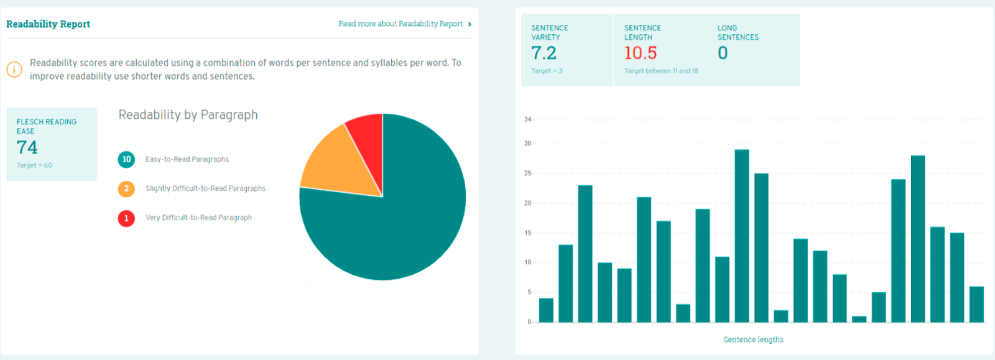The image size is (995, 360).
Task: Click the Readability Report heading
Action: click(x=48, y=24)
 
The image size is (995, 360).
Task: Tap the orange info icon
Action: click(x=14, y=70)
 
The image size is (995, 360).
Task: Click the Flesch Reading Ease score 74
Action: click(x=27, y=147)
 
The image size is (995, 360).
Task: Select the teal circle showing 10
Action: click(x=126, y=160)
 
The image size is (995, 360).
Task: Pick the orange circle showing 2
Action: click(x=126, y=188)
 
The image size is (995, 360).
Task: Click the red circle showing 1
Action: click(x=126, y=218)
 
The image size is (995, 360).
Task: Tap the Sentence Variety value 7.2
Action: click(x=544, y=53)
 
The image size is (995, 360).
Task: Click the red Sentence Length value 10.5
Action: click(x=641, y=53)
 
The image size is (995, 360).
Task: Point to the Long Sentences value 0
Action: click(x=723, y=53)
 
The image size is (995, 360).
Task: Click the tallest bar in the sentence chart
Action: click(x=742, y=236)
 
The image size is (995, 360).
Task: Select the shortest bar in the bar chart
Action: click(x=859, y=319)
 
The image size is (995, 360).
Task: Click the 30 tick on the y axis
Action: click(x=528, y=144)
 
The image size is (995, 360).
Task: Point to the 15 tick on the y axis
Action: click(x=528, y=233)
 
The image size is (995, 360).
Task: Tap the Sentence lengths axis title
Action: click(x=753, y=339)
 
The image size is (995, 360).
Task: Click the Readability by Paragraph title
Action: click(x=188, y=115)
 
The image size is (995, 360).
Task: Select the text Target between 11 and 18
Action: click(x=661, y=71)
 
